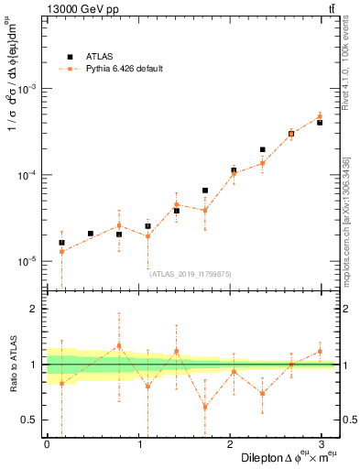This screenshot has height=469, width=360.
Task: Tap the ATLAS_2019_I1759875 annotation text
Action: point(191,273)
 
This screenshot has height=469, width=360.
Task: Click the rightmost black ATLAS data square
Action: point(320,122)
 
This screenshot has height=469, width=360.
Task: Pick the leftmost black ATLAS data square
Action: point(61,243)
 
